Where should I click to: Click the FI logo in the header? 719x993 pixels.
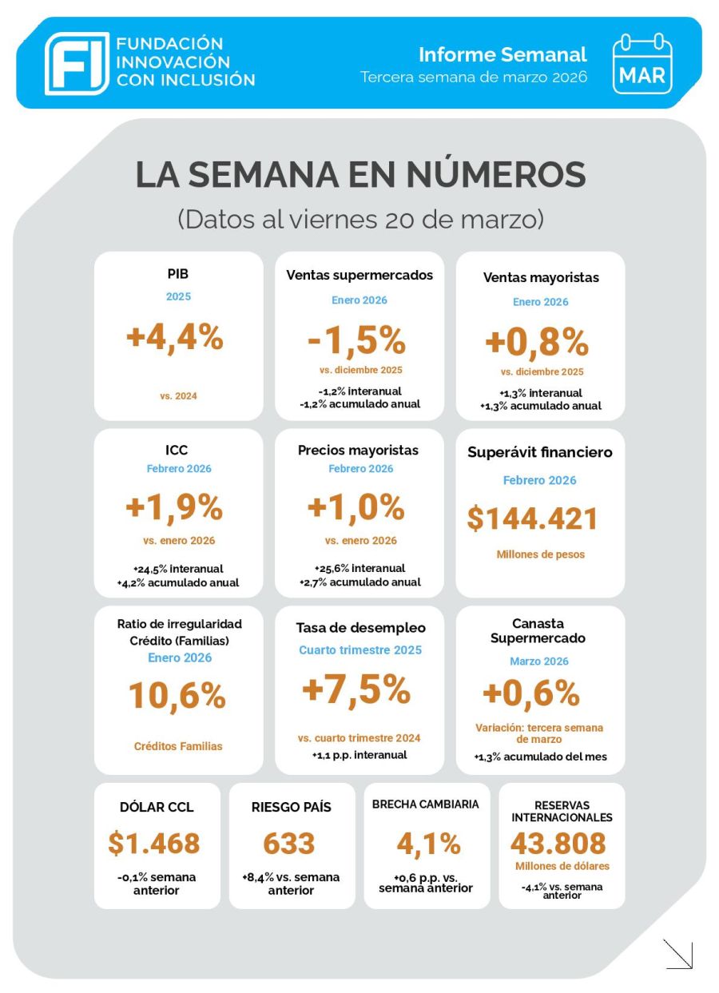(x=77, y=63)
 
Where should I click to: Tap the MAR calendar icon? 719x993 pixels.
(x=642, y=63)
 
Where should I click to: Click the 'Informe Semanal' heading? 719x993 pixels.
(x=503, y=54)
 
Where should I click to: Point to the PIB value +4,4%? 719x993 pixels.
(x=175, y=338)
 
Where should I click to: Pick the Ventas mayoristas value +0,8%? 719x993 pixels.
(x=537, y=343)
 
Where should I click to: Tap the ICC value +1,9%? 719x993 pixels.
(x=174, y=507)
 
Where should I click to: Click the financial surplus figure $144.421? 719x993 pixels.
(x=533, y=519)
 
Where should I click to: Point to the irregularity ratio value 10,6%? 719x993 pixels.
(x=177, y=696)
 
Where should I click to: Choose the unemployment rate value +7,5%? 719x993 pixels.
(x=356, y=690)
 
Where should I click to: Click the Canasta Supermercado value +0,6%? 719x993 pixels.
(x=530, y=693)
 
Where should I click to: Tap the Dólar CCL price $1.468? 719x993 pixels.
(x=154, y=843)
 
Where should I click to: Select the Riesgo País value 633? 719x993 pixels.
(x=289, y=843)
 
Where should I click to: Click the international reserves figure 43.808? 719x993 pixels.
(x=558, y=844)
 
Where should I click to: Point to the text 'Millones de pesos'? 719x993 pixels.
(x=540, y=554)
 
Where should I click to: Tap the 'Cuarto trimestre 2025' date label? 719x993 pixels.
(x=360, y=650)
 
